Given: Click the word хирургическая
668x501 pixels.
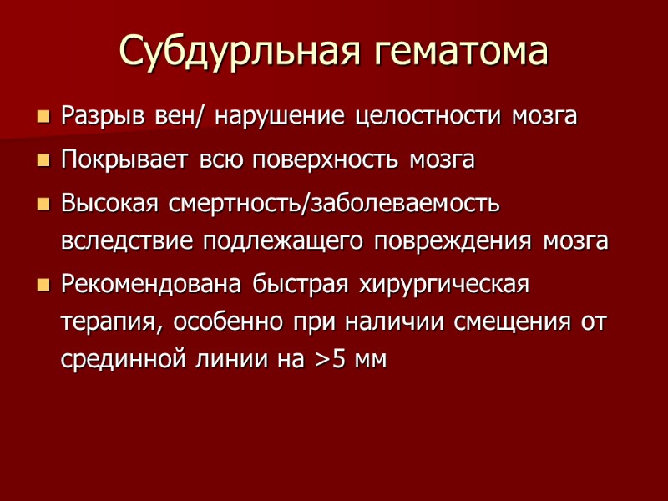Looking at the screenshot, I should click(x=443, y=285).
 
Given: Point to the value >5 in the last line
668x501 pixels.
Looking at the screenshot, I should click(x=330, y=362).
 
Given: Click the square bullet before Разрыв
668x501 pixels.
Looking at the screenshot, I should click(x=43, y=117).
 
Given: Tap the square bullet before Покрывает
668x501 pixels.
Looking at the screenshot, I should click(x=43, y=160).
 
